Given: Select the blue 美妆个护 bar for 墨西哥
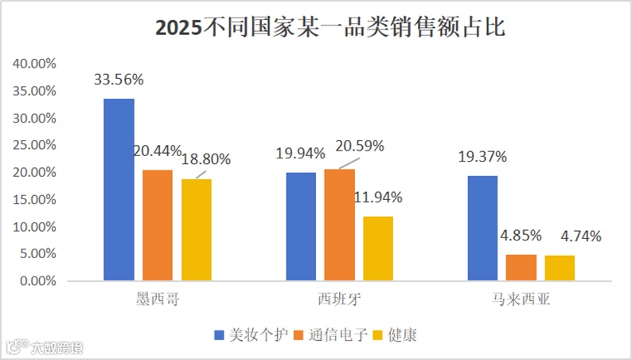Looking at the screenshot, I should (119, 190).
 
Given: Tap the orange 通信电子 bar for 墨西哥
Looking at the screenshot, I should (158, 225).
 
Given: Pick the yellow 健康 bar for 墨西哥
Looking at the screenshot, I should (197, 229).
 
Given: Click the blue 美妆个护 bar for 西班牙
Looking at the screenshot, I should (301, 226).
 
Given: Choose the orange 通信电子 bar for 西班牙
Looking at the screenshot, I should (340, 225).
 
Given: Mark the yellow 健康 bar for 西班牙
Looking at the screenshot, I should (378, 248).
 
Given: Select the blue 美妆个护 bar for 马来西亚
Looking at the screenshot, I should (482, 228).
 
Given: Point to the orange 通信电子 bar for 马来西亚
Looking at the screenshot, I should (521, 268).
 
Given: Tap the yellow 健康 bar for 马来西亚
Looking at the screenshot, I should (560, 268).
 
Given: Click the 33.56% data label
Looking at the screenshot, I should (119, 80).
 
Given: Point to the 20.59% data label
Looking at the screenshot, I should (360, 146).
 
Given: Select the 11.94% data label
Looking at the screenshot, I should (378, 198).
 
